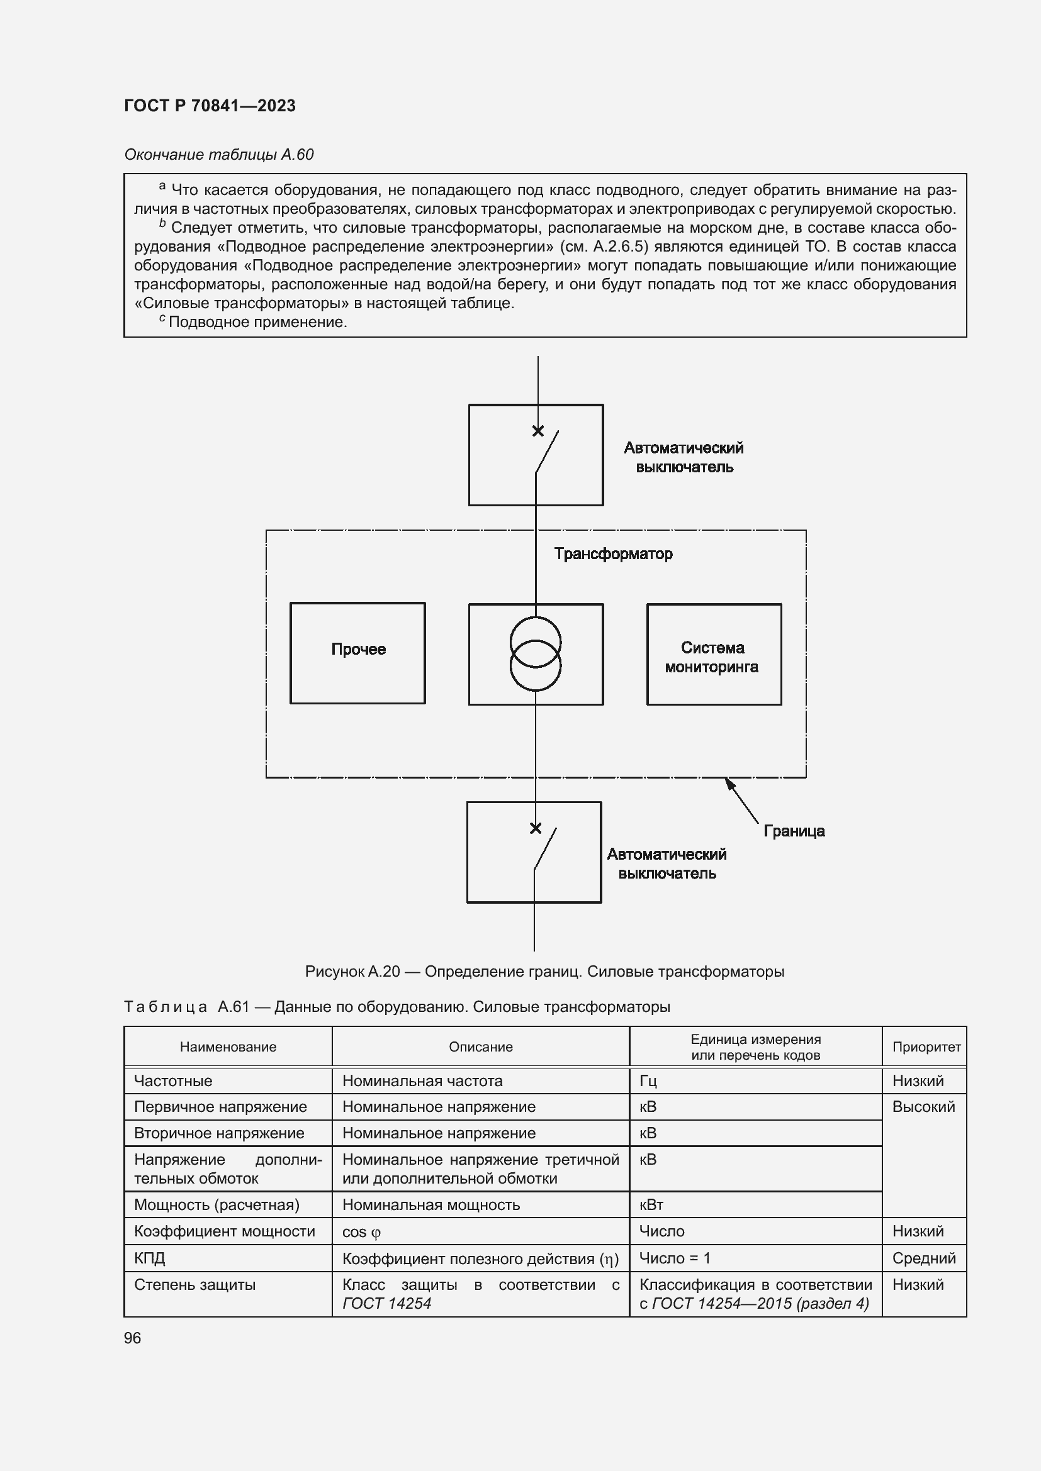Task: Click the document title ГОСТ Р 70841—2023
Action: click(210, 106)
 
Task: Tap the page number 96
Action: click(132, 1338)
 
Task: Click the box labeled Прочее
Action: click(357, 653)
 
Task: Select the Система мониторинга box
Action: click(714, 654)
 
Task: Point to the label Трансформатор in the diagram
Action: click(613, 553)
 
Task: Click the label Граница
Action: click(794, 831)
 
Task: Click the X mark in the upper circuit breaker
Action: click(537, 431)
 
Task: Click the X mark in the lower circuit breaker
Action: click(535, 828)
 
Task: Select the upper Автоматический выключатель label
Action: click(684, 457)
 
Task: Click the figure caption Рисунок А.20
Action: click(544, 971)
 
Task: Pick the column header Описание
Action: click(480, 1047)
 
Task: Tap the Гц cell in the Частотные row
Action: click(648, 1081)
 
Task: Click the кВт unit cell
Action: click(651, 1204)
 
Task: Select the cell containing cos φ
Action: click(361, 1232)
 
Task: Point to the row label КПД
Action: click(149, 1258)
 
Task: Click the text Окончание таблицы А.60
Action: click(218, 155)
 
